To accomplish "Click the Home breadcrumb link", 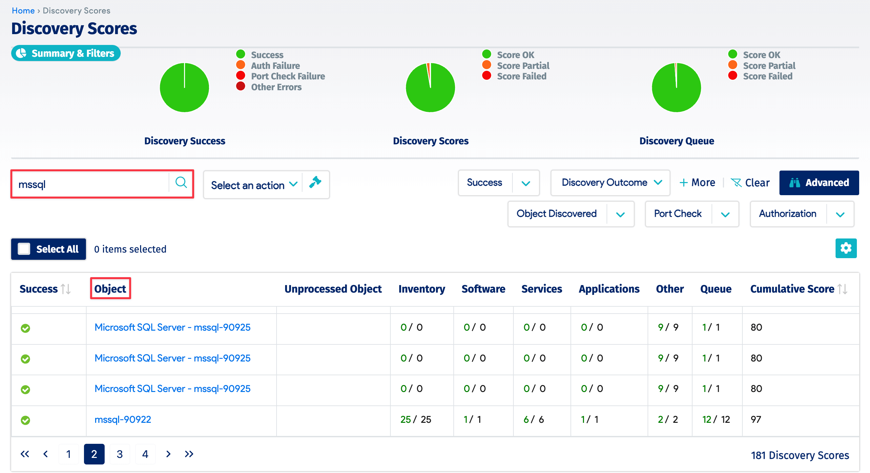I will (x=23, y=10).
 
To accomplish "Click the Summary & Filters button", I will (x=66, y=53).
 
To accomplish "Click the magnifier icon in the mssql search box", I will (x=181, y=183).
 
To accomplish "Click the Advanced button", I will (x=819, y=183).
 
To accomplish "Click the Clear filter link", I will (x=750, y=183).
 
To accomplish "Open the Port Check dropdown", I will (x=692, y=214).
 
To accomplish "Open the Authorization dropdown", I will (x=802, y=214).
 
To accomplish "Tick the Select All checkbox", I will (x=24, y=249).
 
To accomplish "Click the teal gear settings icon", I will (x=846, y=249).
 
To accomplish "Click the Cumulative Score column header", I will (x=792, y=289).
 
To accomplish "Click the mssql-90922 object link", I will (x=123, y=420).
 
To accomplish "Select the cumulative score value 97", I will (x=756, y=420).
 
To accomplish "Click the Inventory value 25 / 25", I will (x=415, y=420).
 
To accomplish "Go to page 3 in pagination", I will (x=119, y=454).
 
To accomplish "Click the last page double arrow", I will (x=189, y=454).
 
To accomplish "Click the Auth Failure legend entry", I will (x=275, y=66).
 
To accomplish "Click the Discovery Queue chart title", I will (x=676, y=141).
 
